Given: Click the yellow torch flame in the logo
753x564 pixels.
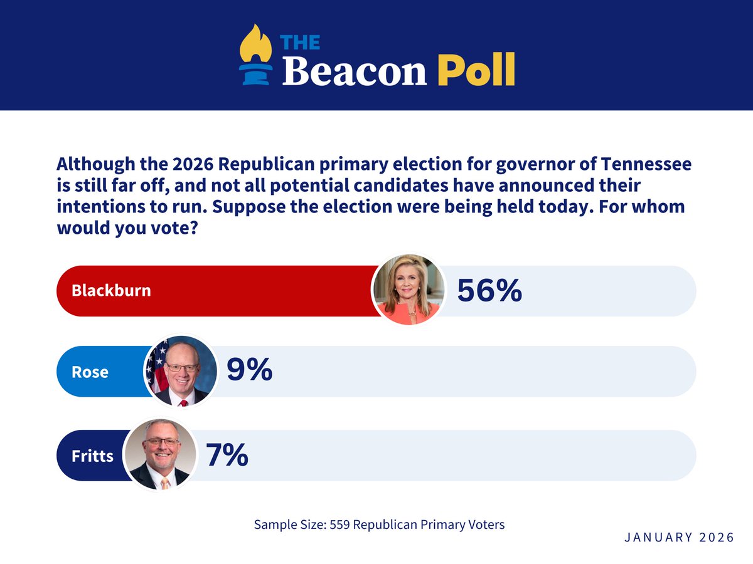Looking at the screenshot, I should tap(256, 43).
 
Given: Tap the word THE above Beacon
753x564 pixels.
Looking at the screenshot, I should tap(300, 42).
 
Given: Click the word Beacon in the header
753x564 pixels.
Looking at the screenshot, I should tap(354, 70).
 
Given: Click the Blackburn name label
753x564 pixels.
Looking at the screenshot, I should tap(111, 291).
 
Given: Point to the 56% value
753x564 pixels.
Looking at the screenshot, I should tap(489, 291).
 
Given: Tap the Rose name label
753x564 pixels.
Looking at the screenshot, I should tap(90, 372).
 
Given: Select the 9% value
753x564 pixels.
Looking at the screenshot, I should tap(248, 370).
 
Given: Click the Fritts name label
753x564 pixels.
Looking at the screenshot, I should tap(92, 456).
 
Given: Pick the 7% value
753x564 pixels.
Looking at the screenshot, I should tap(227, 455).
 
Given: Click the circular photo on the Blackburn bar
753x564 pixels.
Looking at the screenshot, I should tap(409, 289).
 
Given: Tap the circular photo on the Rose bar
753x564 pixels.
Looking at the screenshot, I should tap(181, 371).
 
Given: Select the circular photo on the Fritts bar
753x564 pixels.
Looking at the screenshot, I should tap(161, 455).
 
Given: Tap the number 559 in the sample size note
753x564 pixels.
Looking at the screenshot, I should tap(339, 525).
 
